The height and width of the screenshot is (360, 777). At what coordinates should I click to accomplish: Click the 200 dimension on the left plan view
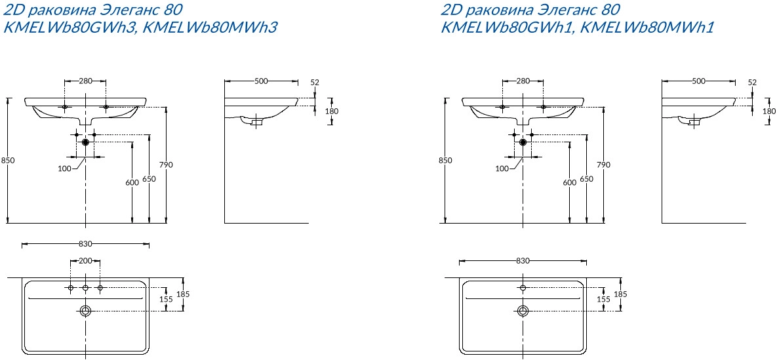click(x=85, y=261)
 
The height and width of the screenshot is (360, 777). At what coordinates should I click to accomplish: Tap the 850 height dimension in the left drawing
click(x=9, y=160)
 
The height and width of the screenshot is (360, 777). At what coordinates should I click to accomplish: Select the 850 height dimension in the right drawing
click(x=445, y=160)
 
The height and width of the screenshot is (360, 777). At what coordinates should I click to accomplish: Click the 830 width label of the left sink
click(x=86, y=244)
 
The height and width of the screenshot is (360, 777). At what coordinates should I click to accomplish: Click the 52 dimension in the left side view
click(x=315, y=83)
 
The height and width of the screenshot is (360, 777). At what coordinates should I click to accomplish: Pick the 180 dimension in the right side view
click(x=769, y=111)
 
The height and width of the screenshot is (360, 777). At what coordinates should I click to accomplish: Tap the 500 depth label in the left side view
click(x=261, y=82)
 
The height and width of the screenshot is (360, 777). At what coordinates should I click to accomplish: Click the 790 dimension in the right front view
click(x=603, y=165)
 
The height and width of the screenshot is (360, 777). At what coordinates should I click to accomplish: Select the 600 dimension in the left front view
click(x=132, y=182)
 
